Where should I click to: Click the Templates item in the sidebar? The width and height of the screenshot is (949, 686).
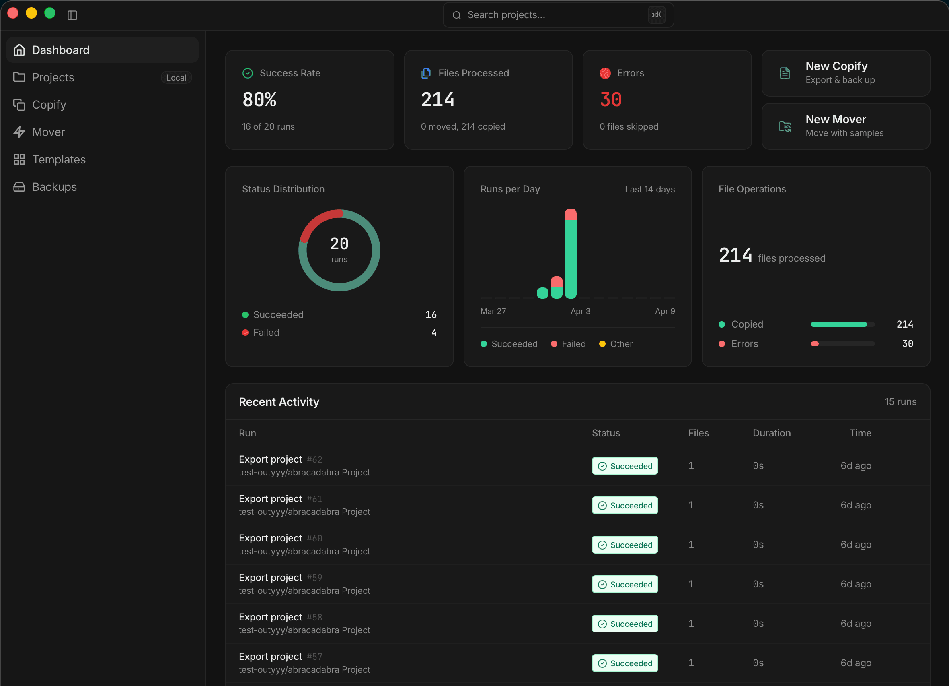[59, 159]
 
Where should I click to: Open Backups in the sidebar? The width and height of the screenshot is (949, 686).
[54, 187]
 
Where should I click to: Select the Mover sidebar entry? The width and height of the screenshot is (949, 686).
[49, 132]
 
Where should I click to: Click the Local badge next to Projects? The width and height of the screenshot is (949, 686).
[176, 77]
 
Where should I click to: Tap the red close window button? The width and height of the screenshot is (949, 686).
[13, 13]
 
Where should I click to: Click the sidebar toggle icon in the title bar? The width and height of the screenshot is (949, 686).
[72, 15]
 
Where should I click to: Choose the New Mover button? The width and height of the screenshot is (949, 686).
[845, 126]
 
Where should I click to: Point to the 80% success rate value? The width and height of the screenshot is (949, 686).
[259, 100]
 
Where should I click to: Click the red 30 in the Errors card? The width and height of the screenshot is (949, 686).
[610, 100]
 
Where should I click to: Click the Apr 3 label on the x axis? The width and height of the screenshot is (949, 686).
[580, 311]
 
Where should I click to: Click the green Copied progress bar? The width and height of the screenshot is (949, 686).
[838, 324]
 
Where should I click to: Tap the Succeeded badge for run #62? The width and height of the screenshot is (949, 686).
[624, 466]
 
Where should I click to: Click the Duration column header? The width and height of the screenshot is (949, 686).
[771, 433]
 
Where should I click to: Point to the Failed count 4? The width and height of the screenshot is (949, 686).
[434, 333]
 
